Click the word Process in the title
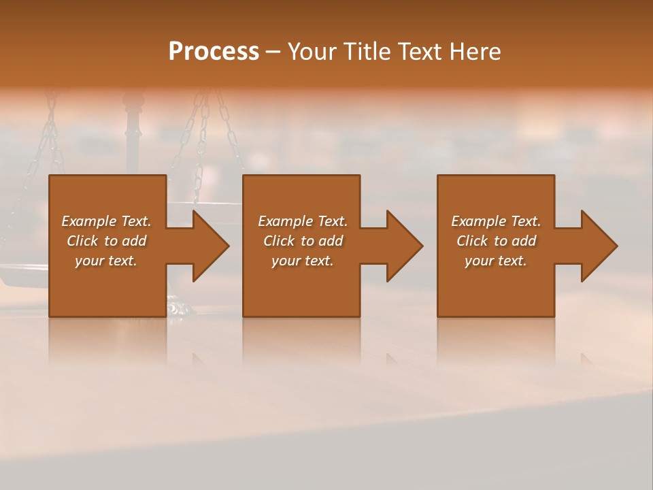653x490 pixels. click(214, 52)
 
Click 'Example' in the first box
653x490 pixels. click(88, 221)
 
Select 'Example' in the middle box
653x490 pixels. click(285, 221)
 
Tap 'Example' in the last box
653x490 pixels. click(478, 221)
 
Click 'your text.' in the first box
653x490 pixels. click(106, 261)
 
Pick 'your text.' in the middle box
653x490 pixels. click(303, 261)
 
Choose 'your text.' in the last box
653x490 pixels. click(496, 261)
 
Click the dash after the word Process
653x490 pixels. click(273, 52)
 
